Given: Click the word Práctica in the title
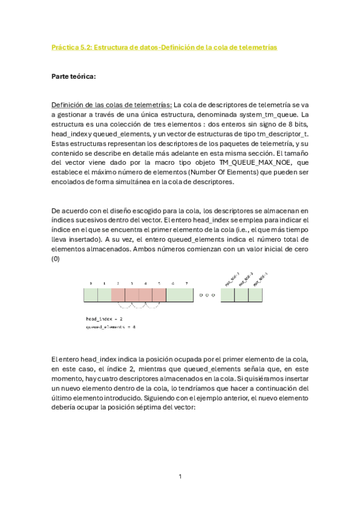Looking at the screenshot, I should pos(66,47).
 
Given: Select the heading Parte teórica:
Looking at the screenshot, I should pos(73,76).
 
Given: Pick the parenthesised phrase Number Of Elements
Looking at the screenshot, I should pos(243,172).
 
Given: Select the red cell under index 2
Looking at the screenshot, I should pos(118,295).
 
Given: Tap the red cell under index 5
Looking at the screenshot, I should pos(159,295).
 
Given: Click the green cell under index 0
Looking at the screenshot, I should pos(90,295).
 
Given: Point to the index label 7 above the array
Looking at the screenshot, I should pos(186,283).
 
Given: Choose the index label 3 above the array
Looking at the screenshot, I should pos(132,283).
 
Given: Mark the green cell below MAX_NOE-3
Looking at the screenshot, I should pos(228,295).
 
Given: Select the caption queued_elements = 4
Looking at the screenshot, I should pos(111,327).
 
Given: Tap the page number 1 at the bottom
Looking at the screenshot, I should pos(180,476).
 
